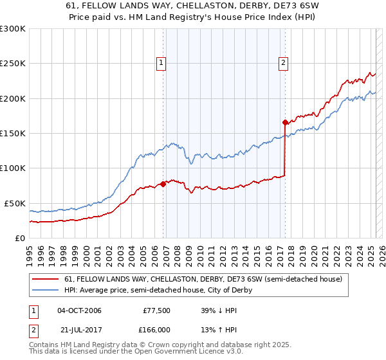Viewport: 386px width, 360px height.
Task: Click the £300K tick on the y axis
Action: click(13, 29)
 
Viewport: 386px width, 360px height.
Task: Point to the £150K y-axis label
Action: click(13, 133)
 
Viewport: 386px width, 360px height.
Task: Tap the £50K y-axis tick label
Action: click(15, 203)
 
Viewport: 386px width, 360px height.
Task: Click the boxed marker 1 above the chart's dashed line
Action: click(160, 63)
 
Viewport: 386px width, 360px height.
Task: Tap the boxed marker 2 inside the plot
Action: click(283, 63)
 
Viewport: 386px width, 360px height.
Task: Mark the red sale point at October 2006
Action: click(163, 184)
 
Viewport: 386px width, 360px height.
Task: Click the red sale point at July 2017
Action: click(285, 122)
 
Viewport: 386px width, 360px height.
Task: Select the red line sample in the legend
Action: click(47, 279)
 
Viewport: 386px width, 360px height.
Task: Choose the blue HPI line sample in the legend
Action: click(47, 290)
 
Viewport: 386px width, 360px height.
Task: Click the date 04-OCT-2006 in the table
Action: click(79, 310)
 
